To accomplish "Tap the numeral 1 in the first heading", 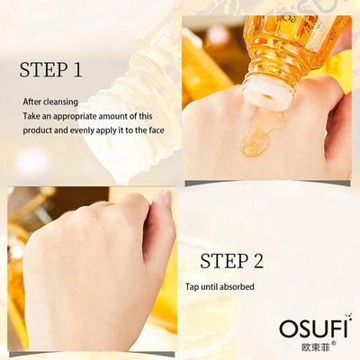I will click(x=77, y=69).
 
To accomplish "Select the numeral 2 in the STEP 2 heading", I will click(x=257, y=261).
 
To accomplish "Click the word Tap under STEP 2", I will click(x=193, y=287).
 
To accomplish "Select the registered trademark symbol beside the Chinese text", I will click(x=334, y=342).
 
